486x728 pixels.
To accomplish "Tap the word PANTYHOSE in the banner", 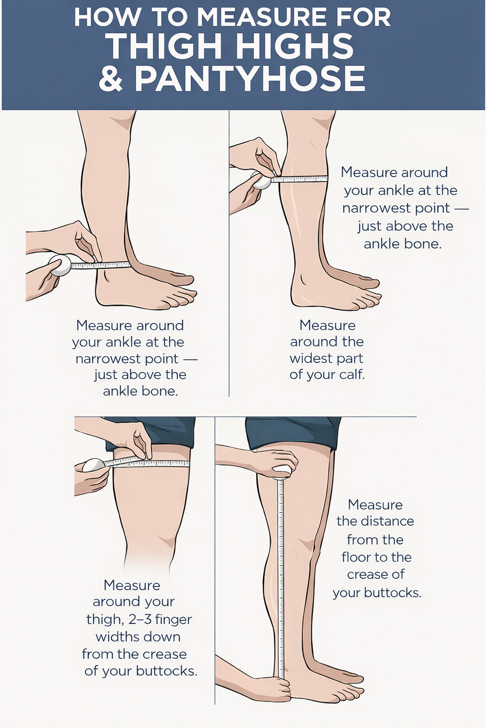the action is tap(249, 79).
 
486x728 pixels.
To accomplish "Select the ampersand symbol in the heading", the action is tap(111, 79).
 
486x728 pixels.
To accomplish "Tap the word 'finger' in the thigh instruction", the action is tap(173, 619).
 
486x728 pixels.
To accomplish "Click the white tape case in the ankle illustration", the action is tap(59, 265).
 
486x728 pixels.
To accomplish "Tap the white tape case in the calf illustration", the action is tap(261, 181).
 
